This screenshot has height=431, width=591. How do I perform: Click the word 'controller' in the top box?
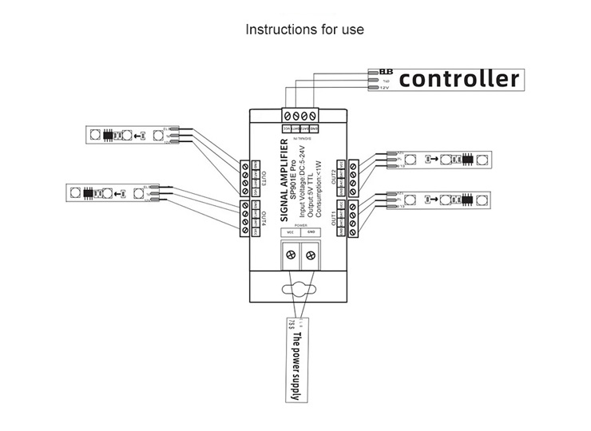(458, 79)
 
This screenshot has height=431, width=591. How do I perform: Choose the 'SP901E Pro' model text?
(294, 180)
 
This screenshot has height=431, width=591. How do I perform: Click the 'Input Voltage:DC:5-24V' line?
(303, 182)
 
